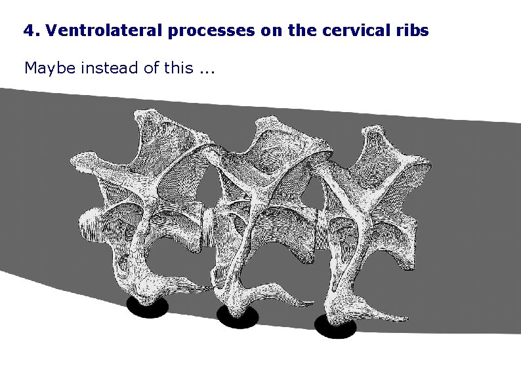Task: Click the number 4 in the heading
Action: pos(27,30)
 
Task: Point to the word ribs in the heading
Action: pos(412,30)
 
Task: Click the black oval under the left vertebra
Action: pos(148,307)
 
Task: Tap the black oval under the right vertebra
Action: pos(335,326)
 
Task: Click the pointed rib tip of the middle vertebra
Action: pos(312,304)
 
